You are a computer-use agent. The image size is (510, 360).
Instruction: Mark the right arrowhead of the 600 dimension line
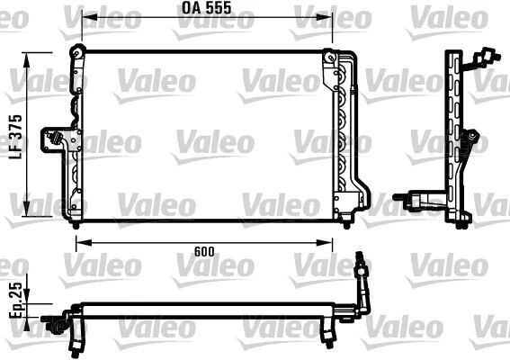345,241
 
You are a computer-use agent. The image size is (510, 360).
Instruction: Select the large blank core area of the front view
207,135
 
